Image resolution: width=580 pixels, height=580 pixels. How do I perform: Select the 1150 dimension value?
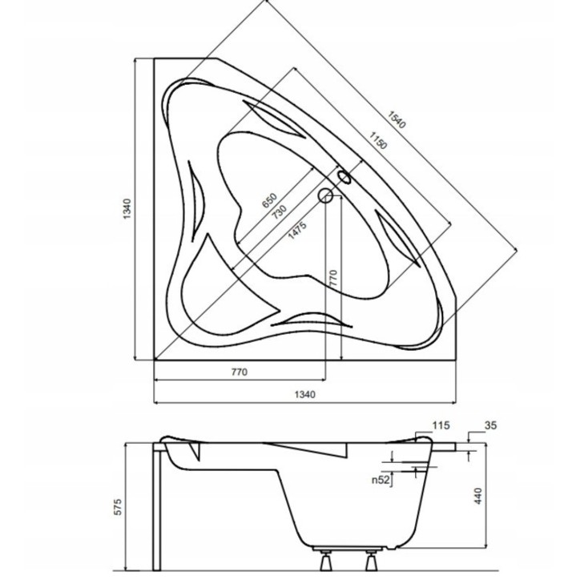[x=379, y=141]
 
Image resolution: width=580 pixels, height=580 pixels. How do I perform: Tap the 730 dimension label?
[x=278, y=213]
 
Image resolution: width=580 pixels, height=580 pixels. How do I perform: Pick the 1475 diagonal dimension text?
[x=297, y=230]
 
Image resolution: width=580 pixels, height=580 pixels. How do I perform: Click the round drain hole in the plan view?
[x=326, y=195]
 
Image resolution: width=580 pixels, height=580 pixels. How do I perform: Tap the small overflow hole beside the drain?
[x=344, y=177]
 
